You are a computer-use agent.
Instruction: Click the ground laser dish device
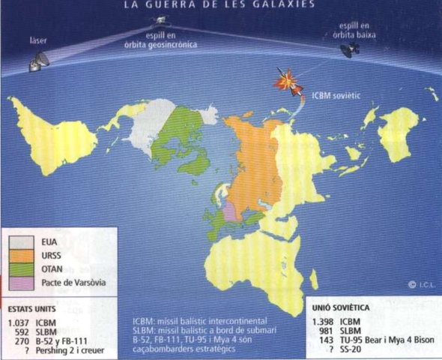[x=38, y=62]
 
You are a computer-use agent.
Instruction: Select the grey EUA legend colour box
[x=23, y=242]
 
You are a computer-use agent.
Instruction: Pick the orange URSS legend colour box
[x=23, y=256]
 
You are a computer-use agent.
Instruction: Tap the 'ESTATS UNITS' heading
[x=33, y=307]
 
